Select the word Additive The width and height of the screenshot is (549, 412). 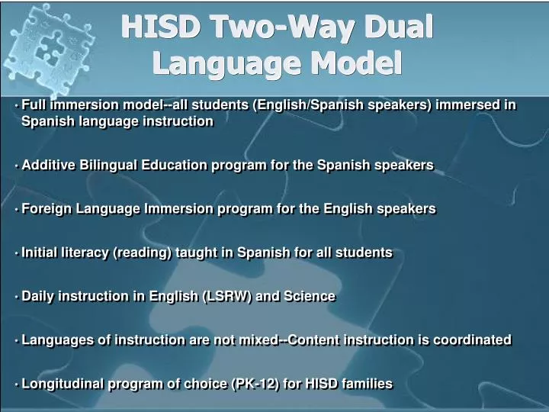pyautogui.click(x=49, y=165)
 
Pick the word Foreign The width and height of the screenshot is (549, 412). pyautogui.click(x=47, y=208)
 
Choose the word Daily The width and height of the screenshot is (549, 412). pyautogui.click(x=39, y=296)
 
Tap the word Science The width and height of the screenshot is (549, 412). pyautogui.click(x=310, y=296)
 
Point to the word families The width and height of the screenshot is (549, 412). pyautogui.click(x=367, y=384)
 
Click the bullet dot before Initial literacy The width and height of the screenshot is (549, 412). pyautogui.click(x=16, y=253)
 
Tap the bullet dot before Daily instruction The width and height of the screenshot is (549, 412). pyautogui.click(x=16, y=297)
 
